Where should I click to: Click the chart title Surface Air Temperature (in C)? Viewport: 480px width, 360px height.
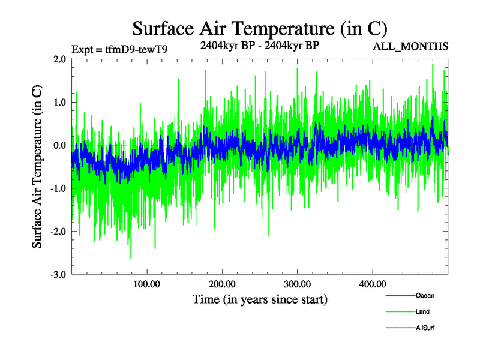(x=259, y=28)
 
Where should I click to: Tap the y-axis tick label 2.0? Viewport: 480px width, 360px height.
(x=59, y=59)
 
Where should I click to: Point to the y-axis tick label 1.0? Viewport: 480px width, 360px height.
(x=59, y=103)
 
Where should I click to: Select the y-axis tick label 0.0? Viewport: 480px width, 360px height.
(x=59, y=146)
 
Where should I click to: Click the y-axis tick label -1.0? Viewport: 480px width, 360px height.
(x=58, y=189)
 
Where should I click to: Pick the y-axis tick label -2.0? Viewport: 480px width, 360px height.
(x=58, y=232)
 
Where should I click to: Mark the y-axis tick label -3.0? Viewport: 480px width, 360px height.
(x=58, y=275)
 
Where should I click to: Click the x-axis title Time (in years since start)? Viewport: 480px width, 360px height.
(x=260, y=299)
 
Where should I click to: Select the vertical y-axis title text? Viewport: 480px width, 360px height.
(x=37, y=167)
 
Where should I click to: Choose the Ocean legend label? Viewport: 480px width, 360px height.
(x=425, y=296)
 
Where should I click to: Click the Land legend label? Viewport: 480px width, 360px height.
(x=422, y=312)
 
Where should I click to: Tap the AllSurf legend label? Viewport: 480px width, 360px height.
(x=425, y=328)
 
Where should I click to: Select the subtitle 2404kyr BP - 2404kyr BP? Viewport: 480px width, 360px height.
(x=259, y=45)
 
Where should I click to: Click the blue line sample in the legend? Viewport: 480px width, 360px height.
(x=400, y=296)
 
